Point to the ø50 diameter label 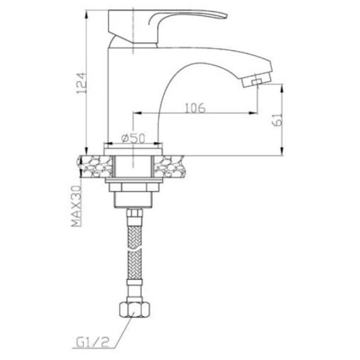point(134,137)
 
